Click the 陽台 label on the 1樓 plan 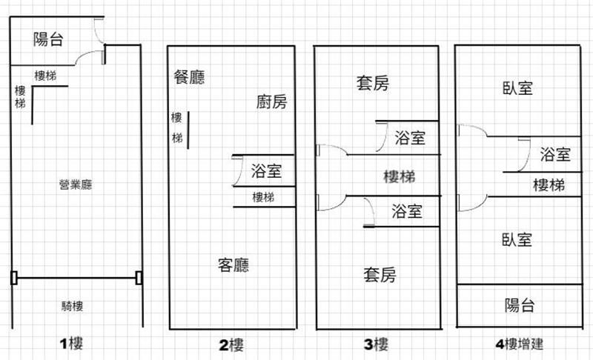coord(48,40)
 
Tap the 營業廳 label coord(76,184)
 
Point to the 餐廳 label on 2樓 coord(189,77)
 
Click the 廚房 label coord(271,102)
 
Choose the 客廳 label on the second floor coord(233,265)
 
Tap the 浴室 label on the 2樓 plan coord(266,171)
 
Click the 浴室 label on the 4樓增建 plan coord(554,155)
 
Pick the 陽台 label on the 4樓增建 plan coord(520,305)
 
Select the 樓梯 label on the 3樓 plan coord(399,177)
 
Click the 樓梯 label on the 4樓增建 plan coord(549,185)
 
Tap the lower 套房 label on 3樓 coord(380,276)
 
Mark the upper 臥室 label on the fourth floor coord(517,88)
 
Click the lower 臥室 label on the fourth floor coord(517,240)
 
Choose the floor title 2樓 coord(231,344)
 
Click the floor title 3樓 coord(377,344)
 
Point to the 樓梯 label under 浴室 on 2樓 coord(263,197)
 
